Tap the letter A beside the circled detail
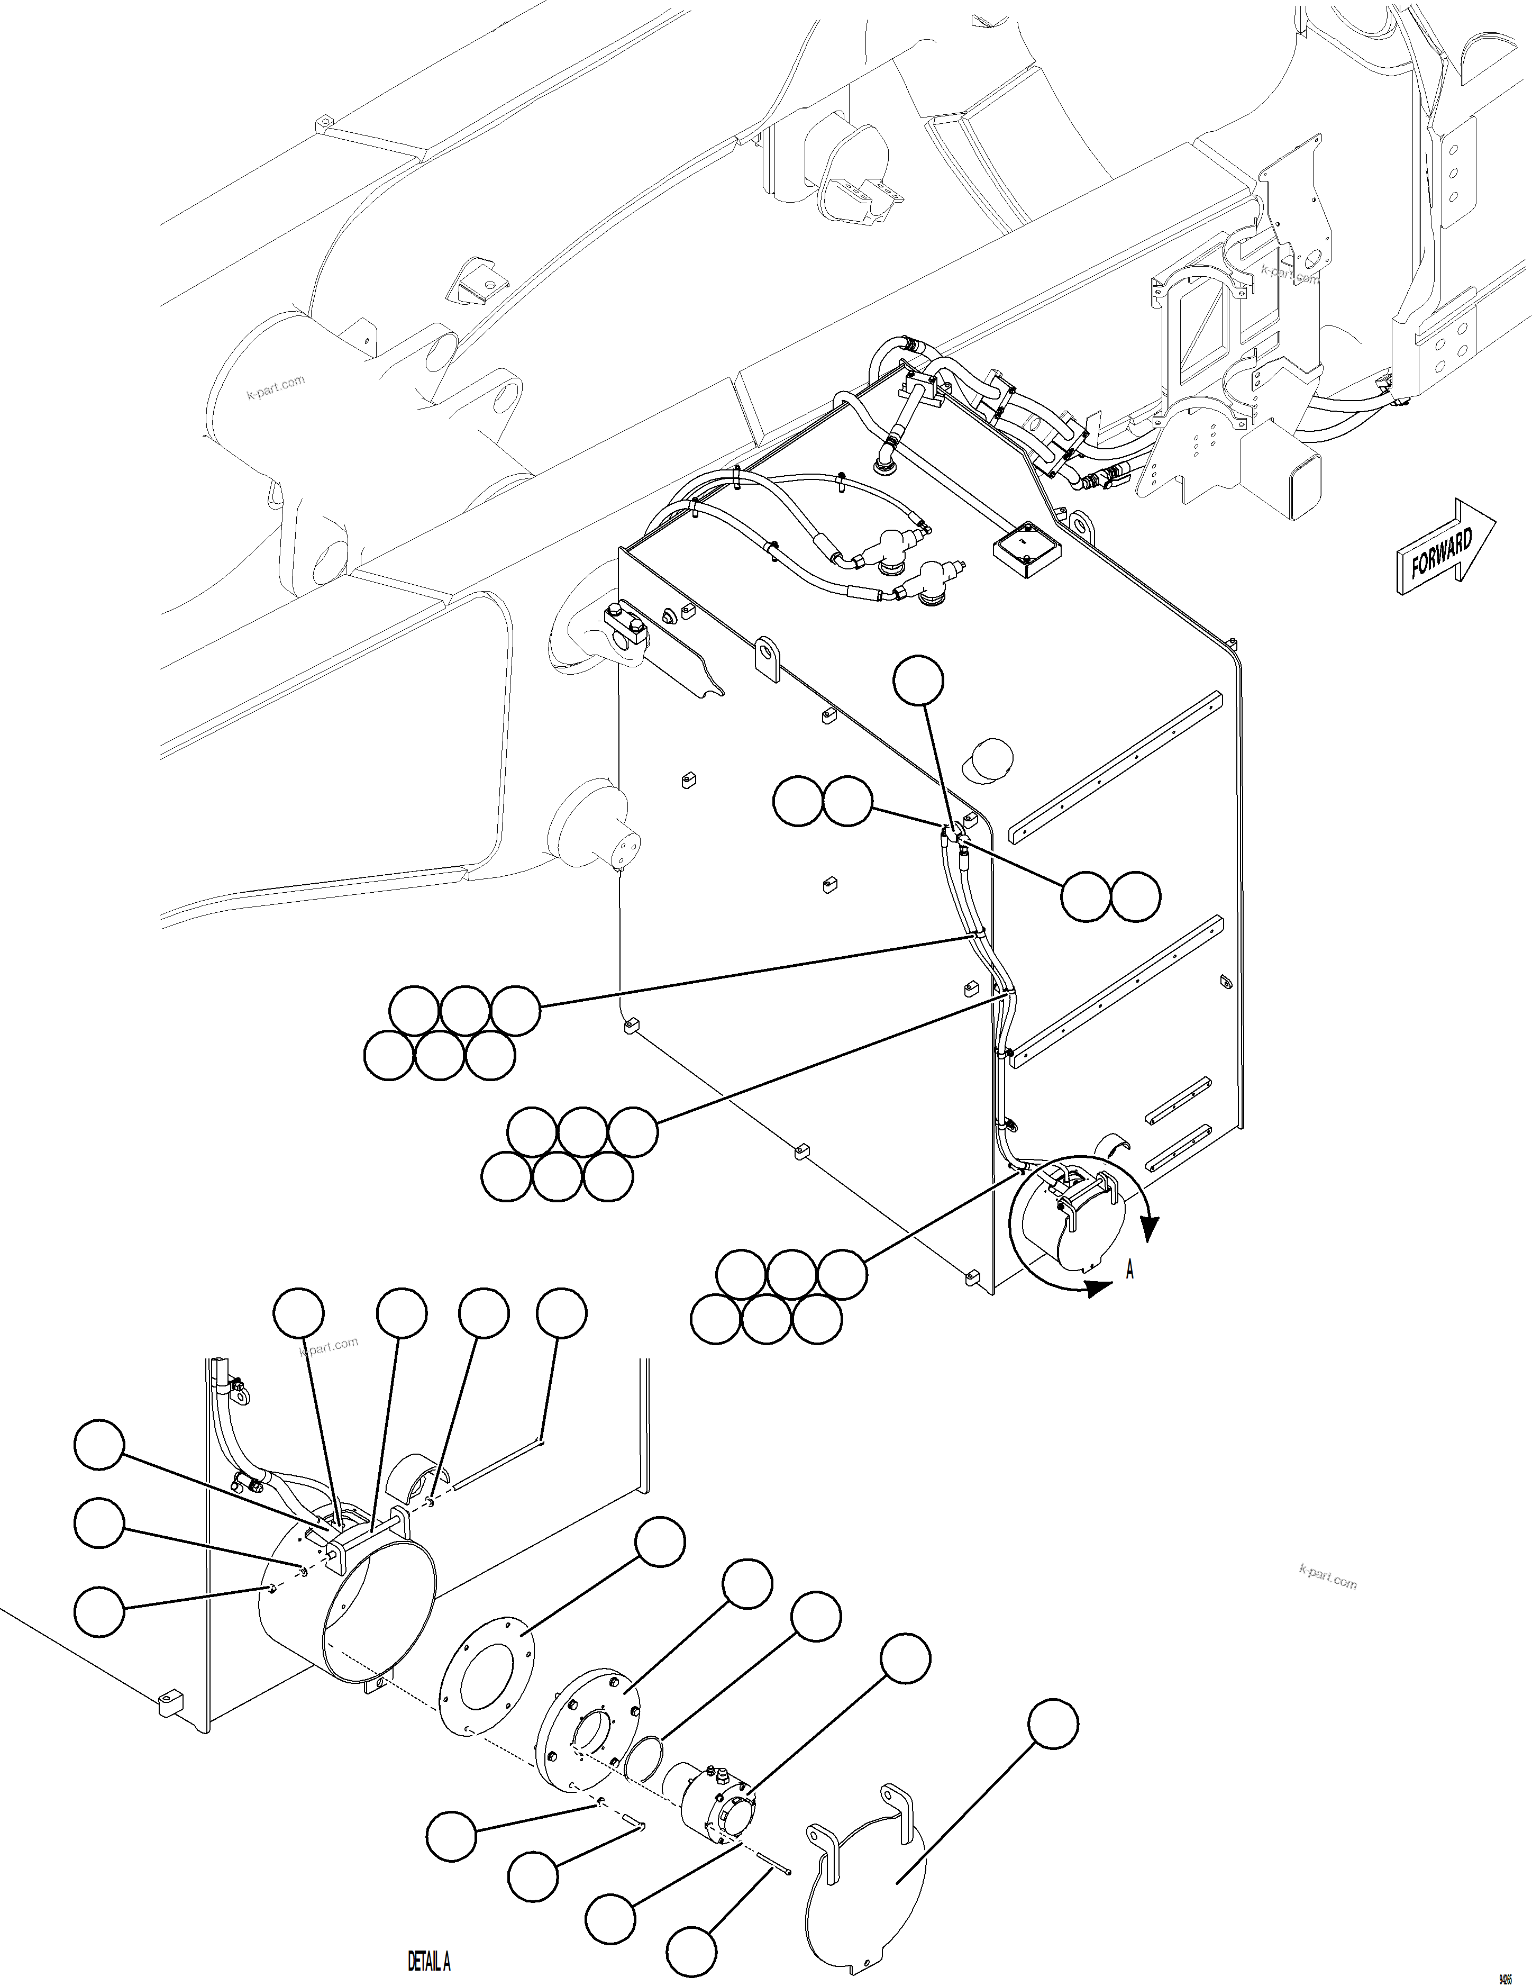(1130, 1269)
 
